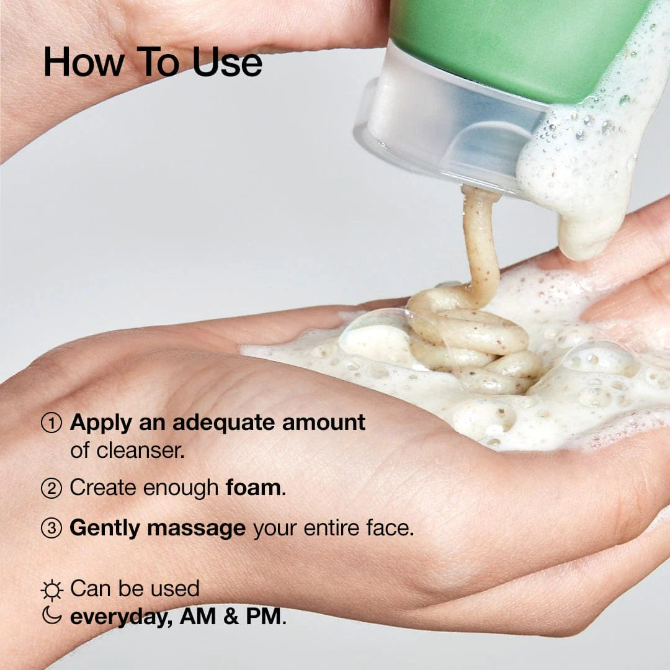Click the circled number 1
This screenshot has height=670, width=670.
[51, 423]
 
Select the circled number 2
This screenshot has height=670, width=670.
[51, 488]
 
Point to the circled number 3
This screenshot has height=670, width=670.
[51, 529]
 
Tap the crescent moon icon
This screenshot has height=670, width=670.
[51, 615]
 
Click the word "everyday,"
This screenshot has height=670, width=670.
[121, 617]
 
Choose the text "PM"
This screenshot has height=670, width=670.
[265, 617]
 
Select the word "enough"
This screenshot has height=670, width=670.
[181, 488]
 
